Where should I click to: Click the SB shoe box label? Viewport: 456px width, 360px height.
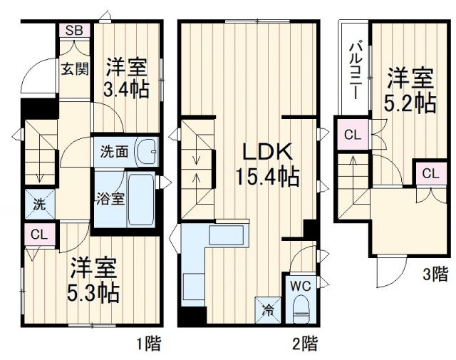coord(74,31)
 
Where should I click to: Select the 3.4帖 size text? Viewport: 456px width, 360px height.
coord(127,91)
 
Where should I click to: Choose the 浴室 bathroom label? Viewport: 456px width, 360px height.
coord(111,197)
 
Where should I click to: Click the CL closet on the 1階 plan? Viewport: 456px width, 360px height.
coord(39,234)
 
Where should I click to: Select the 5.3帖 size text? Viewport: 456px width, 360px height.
coord(94,292)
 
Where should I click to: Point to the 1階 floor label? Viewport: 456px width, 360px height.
coord(148,344)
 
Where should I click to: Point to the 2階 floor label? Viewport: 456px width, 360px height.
coord(305,344)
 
